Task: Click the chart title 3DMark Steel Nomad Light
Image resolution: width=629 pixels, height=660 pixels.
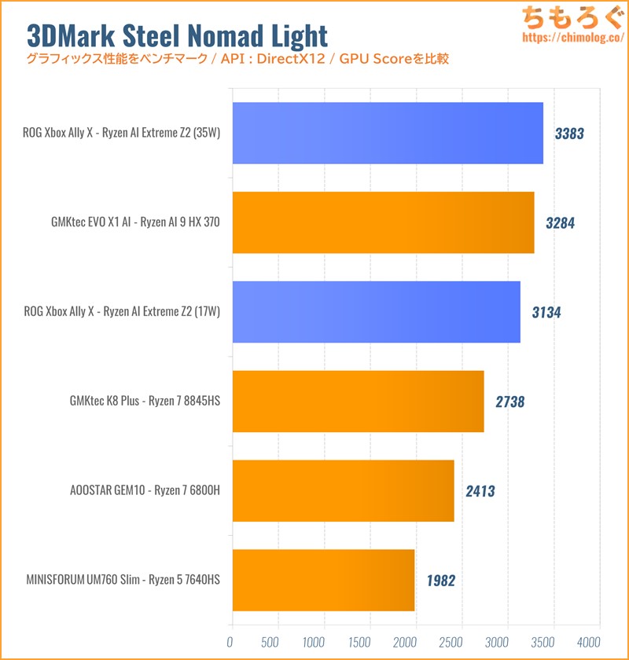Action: pos(177,35)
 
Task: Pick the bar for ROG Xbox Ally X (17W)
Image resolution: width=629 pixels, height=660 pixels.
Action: pos(376,312)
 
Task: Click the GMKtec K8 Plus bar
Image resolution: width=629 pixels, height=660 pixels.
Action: pos(358,401)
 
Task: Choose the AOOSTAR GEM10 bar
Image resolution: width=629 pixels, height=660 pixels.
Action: pos(343,491)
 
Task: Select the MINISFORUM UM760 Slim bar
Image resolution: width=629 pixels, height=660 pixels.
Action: pos(323,581)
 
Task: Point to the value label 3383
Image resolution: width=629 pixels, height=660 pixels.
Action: pos(569,134)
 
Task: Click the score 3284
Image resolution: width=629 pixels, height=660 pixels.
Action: pos(560,223)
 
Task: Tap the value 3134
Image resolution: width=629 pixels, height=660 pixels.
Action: pos(546,313)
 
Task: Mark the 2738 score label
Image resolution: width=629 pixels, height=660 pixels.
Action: pos(509,402)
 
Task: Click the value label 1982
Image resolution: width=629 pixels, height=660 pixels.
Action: pos(440,581)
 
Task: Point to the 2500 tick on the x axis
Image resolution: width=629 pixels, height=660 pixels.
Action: pos(451,641)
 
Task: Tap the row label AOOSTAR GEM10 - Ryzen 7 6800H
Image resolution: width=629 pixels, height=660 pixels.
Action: pos(145,492)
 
